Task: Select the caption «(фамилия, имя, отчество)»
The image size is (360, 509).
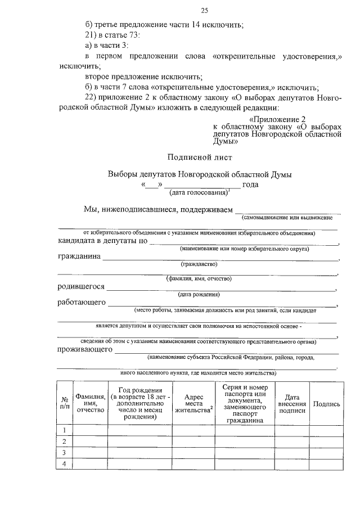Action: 199,278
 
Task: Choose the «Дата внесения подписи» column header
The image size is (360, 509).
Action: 292,404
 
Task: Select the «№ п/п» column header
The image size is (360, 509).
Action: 65,403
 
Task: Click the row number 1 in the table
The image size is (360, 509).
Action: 65,430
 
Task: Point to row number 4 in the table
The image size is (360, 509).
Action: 65,463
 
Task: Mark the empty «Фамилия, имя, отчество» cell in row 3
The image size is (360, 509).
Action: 91,452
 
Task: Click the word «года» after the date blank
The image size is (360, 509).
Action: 250,184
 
